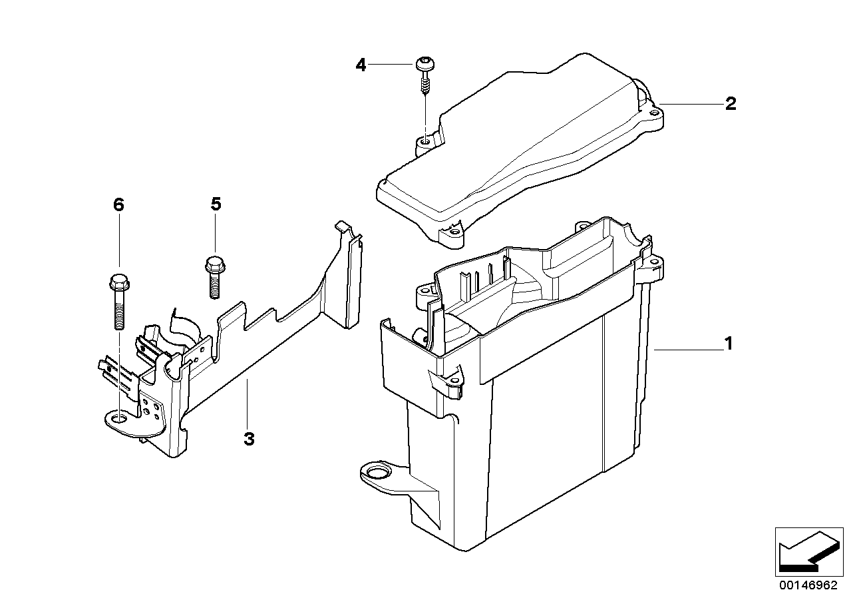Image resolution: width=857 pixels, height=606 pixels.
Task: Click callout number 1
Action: coord(729,344)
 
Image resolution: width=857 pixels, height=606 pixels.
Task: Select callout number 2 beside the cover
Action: coord(730,104)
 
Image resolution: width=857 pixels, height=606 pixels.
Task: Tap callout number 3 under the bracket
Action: coord(249,440)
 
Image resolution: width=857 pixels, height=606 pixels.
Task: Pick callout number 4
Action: coord(361,65)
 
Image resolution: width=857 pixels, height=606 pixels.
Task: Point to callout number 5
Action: coord(216,204)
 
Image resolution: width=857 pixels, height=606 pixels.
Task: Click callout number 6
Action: coord(118,204)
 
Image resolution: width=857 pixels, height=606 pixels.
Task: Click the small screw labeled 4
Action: coord(424,77)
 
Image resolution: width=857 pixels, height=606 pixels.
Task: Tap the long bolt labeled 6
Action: coord(118,300)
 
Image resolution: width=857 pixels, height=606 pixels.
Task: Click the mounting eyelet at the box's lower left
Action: coord(377,473)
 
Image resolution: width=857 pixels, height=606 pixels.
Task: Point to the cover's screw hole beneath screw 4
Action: coord(424,141)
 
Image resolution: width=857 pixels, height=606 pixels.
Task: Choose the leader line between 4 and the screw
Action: coord(393,65)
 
